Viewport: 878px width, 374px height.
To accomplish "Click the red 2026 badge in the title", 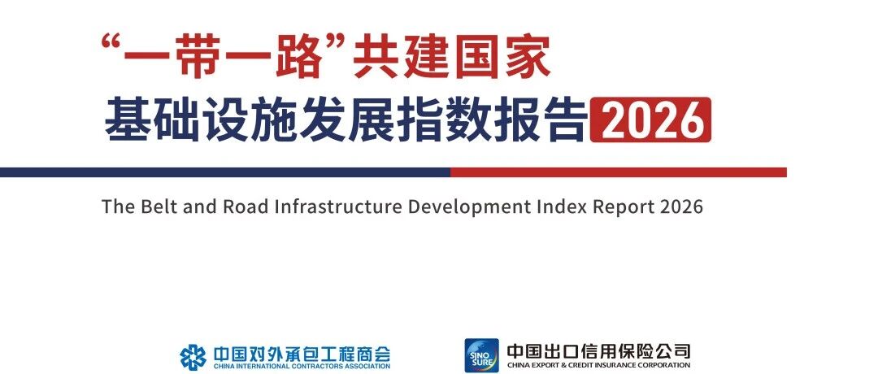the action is coord(650,120).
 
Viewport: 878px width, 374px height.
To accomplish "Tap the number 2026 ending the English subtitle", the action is coord(681,207).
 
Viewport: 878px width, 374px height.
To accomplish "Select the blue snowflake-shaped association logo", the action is coord(193,357).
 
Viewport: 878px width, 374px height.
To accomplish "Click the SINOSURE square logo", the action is coord(481,355).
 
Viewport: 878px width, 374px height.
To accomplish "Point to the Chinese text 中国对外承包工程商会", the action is coord(302,354).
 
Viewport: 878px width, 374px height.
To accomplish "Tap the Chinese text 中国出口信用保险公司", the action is coord(598,351).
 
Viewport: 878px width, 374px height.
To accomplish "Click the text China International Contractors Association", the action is coord(302,367).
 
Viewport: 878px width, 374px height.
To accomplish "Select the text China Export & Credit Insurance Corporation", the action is coord(598,365).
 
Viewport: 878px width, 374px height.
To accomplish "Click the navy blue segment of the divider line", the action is coord(225,172).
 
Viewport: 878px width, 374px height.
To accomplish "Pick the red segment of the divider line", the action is coord(619,172).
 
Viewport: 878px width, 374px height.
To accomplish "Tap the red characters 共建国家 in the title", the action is coord(452,56).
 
